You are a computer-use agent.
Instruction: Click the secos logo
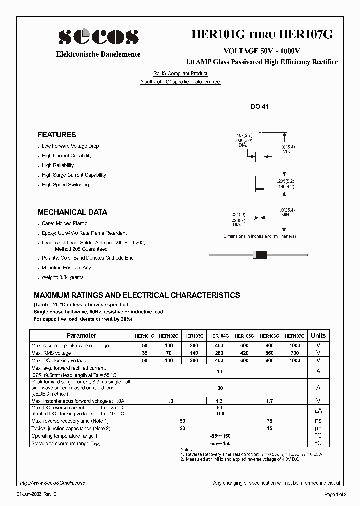point(98,37)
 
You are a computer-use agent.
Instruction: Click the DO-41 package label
point(260,107)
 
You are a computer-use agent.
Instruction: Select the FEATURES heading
point(57,135)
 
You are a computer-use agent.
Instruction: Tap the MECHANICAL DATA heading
point(72,212)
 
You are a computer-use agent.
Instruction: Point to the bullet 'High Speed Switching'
point(65,185)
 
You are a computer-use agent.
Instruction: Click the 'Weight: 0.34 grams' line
point(63,277)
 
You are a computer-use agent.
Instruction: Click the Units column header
point(318,336)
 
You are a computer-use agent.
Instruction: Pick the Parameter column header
point(81,336)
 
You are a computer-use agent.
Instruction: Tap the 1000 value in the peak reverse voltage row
point(295,346)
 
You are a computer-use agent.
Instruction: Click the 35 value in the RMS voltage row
point(145,353)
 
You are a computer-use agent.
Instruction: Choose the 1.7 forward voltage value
point(270,401)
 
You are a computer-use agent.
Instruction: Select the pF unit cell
point(318,429)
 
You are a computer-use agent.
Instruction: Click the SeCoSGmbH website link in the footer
point(53,483)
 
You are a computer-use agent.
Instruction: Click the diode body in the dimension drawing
point(259,184)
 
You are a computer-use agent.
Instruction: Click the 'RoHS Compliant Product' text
point(180,74)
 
